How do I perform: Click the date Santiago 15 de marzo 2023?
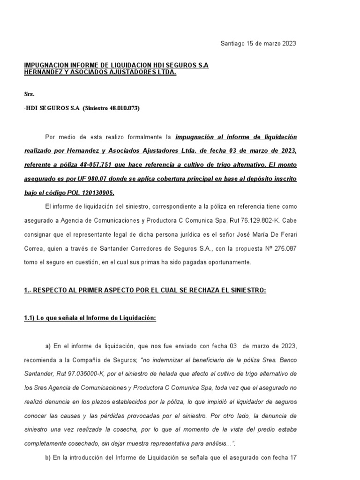pyautogui.click(x=258, y=44)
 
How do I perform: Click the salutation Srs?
pyautogui.click(x=29, y=94)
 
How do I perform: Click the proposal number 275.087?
pyautogui.click(x=285, y=248)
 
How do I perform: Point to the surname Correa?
pyautogui.click(x=35, y=248)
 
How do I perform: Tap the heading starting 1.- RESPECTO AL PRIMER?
pyautogui.click(x=145, y=291)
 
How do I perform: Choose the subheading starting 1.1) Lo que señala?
pyautogui.click(x=90, y=318)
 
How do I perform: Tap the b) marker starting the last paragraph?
pyautogui.click(x=48, y=457)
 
